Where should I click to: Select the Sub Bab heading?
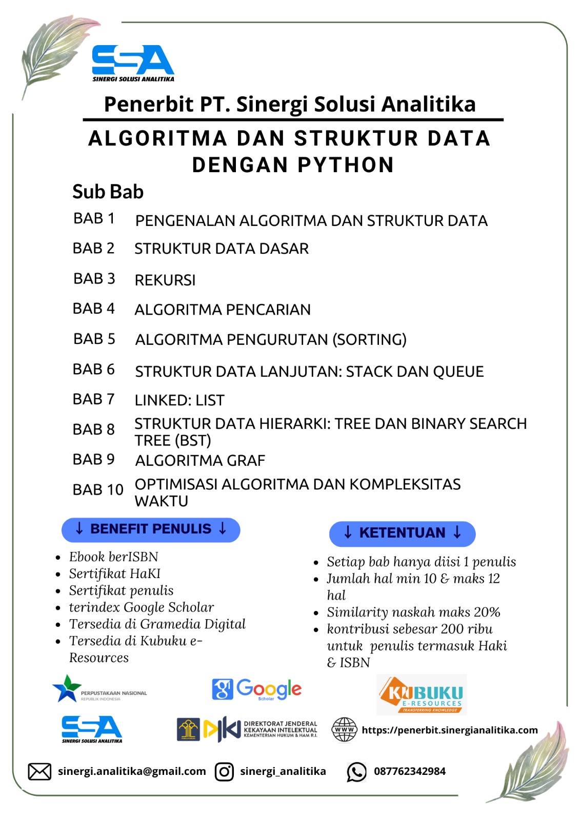(x=108, y=192)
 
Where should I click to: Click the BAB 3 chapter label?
(x=94, y=279)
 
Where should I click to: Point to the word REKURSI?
(x=165, y=280)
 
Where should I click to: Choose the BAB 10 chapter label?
(x=98, y=490)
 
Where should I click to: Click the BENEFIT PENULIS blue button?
(x=151, y=529)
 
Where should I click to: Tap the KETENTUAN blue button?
(x=402, y=533)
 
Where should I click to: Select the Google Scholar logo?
(x=257, y=690)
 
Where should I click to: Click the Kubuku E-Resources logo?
(x=422, y=695)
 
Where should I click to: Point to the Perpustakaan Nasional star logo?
(x=68, y=688)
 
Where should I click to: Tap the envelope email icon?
(x=39, y=771)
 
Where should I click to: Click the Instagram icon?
(x=224, y=771)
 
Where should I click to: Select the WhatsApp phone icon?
(x=356, y=772)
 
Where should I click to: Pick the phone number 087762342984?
(x=410, y=771)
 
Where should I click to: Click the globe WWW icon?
(x=345, y=730)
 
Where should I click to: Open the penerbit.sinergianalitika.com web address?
(x=450, y=730)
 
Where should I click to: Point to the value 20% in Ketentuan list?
(x=487, y=612)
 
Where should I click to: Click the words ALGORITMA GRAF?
(x=200, y=461)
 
